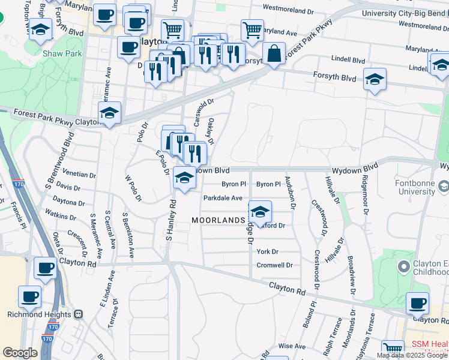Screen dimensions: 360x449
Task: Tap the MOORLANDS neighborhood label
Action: [x=218, y=220]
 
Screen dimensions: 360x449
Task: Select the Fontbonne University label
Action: [x=415, y=187]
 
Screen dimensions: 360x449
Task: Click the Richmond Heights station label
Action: [x=40, y=314]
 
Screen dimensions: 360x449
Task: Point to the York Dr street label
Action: [x=268, y=251]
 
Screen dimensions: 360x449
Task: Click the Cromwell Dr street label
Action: [x=274, y=265]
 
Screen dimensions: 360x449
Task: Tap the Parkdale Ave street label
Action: [x=223, y=197]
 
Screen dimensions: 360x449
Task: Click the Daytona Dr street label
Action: [x=68, y=202]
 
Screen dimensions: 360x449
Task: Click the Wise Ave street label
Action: [x=292, y=346]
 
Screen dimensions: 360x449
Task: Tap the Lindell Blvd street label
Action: [x=349, y=60]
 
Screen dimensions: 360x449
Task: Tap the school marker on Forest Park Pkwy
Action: [x=110, y=112]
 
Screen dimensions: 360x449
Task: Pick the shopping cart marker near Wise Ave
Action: [x=393, y=349]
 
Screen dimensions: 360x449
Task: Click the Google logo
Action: [x=20, y=353]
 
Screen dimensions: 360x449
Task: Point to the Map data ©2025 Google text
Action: [x=411, y=355]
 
